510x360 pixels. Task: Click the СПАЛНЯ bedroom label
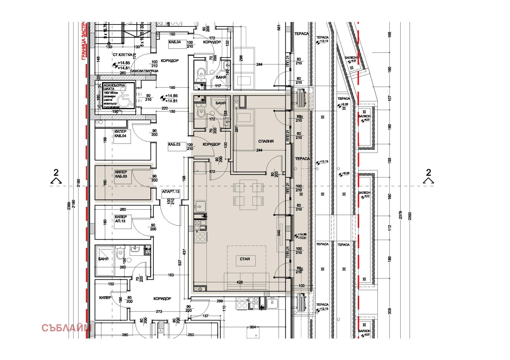point(266,141)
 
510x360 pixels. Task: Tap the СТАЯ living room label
point(245,259)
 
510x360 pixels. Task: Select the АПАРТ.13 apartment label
point(171,192)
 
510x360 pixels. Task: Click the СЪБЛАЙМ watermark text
point(66,328)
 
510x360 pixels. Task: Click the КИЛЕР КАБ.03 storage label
point(121,174)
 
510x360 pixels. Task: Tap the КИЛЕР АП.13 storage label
point(120,219)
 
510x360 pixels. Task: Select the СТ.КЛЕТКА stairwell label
point(122,55)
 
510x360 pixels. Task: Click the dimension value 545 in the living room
point(279,233)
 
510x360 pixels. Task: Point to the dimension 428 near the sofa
point(240,282)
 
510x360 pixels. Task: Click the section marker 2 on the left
point(56,173)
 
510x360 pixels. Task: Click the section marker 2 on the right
point(428,173)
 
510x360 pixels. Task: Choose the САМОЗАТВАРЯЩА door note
point(144,71)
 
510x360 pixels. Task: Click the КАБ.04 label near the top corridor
point(174,42)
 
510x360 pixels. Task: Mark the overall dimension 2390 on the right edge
point(410,216)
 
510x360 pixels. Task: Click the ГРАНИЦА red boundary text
point(84,41)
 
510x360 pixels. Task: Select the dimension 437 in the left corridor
point(184,252)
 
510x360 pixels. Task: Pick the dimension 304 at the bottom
point(253,327)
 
